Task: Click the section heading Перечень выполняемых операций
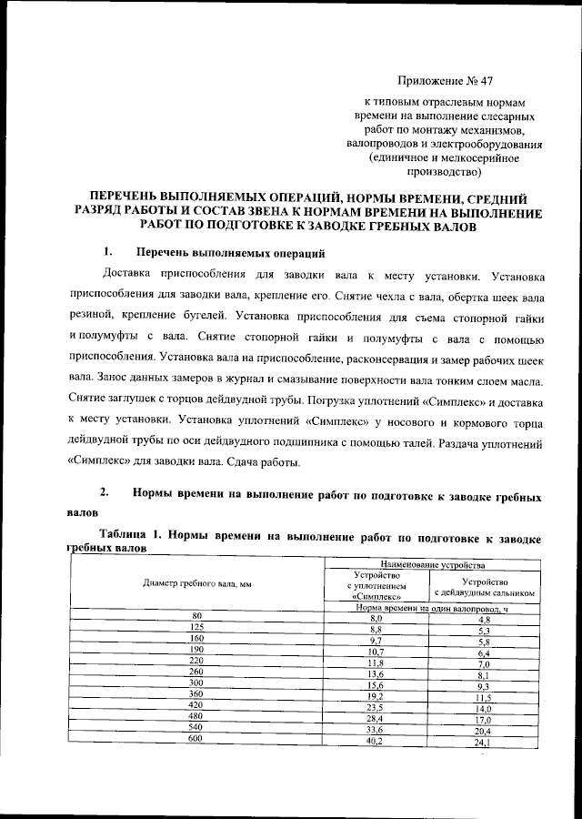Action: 229,252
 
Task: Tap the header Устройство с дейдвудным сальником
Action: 484,587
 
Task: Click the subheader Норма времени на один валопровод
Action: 429,607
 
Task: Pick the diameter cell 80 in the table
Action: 196,616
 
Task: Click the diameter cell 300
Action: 196,682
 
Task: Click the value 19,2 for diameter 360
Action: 376,694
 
